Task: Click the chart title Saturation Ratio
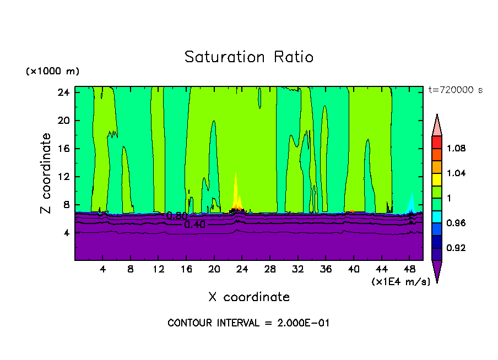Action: (248, 57)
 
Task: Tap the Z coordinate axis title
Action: (46, 173)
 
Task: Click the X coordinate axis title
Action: (249, 297)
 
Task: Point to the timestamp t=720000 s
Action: (455, 90)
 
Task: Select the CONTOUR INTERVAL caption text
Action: (248, 323)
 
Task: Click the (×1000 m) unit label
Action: (52, 72)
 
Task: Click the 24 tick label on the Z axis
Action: (63, 92)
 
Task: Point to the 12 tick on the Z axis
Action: (63, 177)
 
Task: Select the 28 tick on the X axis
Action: (270, 270)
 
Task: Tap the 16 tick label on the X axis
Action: (186, 270)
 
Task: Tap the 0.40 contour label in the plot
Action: (195, 225)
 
